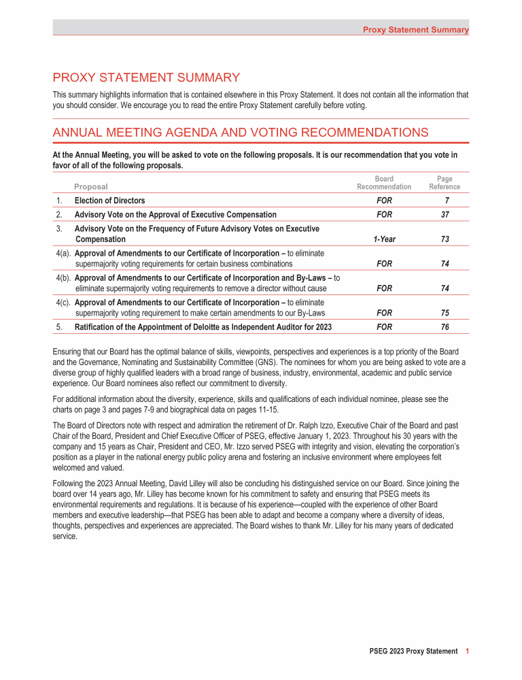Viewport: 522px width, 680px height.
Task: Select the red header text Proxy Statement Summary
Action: [415, 30]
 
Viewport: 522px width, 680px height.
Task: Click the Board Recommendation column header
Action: [384, 183]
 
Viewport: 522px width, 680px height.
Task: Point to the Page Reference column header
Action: [445, 183]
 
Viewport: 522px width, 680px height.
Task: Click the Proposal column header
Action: [91, 186]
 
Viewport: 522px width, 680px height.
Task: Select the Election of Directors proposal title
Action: [109, 201]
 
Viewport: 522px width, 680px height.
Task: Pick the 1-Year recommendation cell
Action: [384, 239]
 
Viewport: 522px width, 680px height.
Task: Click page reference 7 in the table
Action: [445, 201]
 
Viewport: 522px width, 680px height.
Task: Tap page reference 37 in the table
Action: [445, 214]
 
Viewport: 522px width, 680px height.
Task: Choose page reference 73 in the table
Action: [445, 239]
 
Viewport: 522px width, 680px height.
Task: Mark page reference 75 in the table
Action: [445, 313]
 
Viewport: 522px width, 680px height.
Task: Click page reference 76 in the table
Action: [445, 327]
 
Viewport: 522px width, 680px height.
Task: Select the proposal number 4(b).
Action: [63, 278]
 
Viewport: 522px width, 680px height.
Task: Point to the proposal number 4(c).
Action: [63, 303]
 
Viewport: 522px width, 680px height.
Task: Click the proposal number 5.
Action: [59, 327]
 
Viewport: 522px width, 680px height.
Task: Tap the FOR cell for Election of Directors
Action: [384, 201]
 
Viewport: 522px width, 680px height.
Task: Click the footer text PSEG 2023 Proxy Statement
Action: [408, 651]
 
